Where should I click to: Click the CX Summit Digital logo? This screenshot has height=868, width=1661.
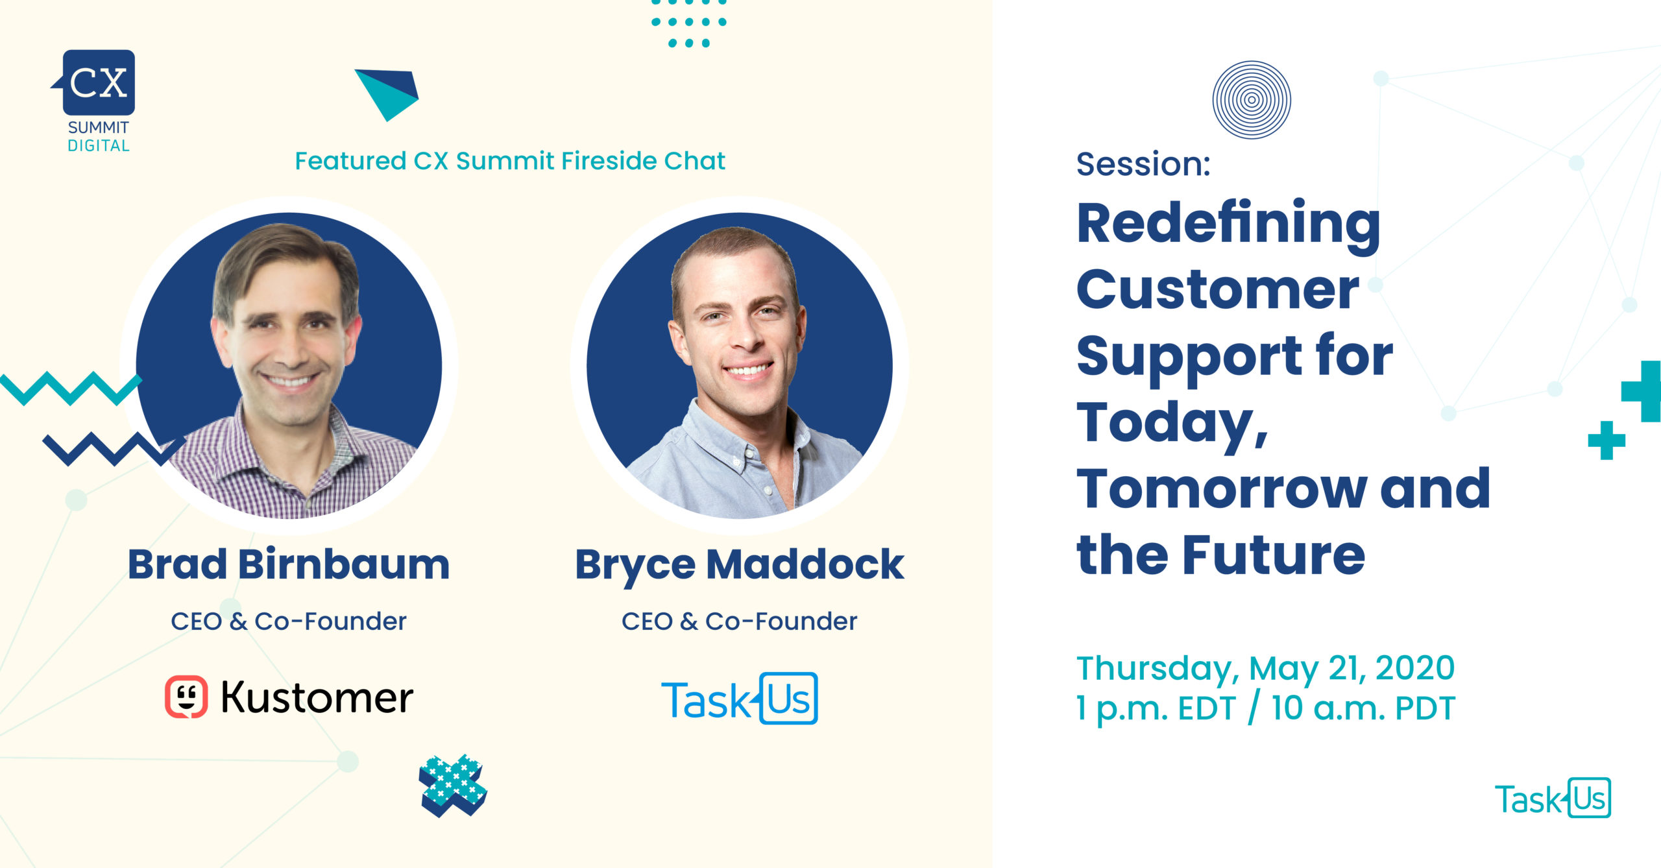tap(96, 101)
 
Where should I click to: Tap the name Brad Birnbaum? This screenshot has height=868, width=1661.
tap(289, 564)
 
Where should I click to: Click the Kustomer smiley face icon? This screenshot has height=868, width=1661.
tap(186, 697)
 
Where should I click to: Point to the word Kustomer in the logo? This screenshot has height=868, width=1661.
tap(317, 697)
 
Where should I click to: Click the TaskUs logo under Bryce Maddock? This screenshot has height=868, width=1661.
tap(740, 699)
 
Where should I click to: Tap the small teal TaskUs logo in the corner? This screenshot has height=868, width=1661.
tap(1553, 798)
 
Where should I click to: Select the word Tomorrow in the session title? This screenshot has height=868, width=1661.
tap(1222, 488)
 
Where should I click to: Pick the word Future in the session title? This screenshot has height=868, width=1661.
tap(1274, 555)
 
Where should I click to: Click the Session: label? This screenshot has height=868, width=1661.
tap(1143, 163)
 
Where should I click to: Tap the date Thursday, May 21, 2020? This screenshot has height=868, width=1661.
tap(1266, 668)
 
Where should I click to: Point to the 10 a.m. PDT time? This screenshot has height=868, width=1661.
tap(1363, 708)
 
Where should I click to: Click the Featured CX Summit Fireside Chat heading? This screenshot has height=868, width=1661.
tap(510, 161)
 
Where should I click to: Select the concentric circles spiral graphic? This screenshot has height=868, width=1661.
tap(1252, 100)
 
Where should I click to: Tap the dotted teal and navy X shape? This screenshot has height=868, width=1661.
tap(453, 786)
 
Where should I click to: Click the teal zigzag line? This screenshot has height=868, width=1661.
tap(71, 388)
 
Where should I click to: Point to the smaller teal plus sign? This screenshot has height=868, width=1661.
tap(1606, 440)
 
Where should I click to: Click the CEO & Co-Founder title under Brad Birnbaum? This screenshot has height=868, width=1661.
tap(289, 621)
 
